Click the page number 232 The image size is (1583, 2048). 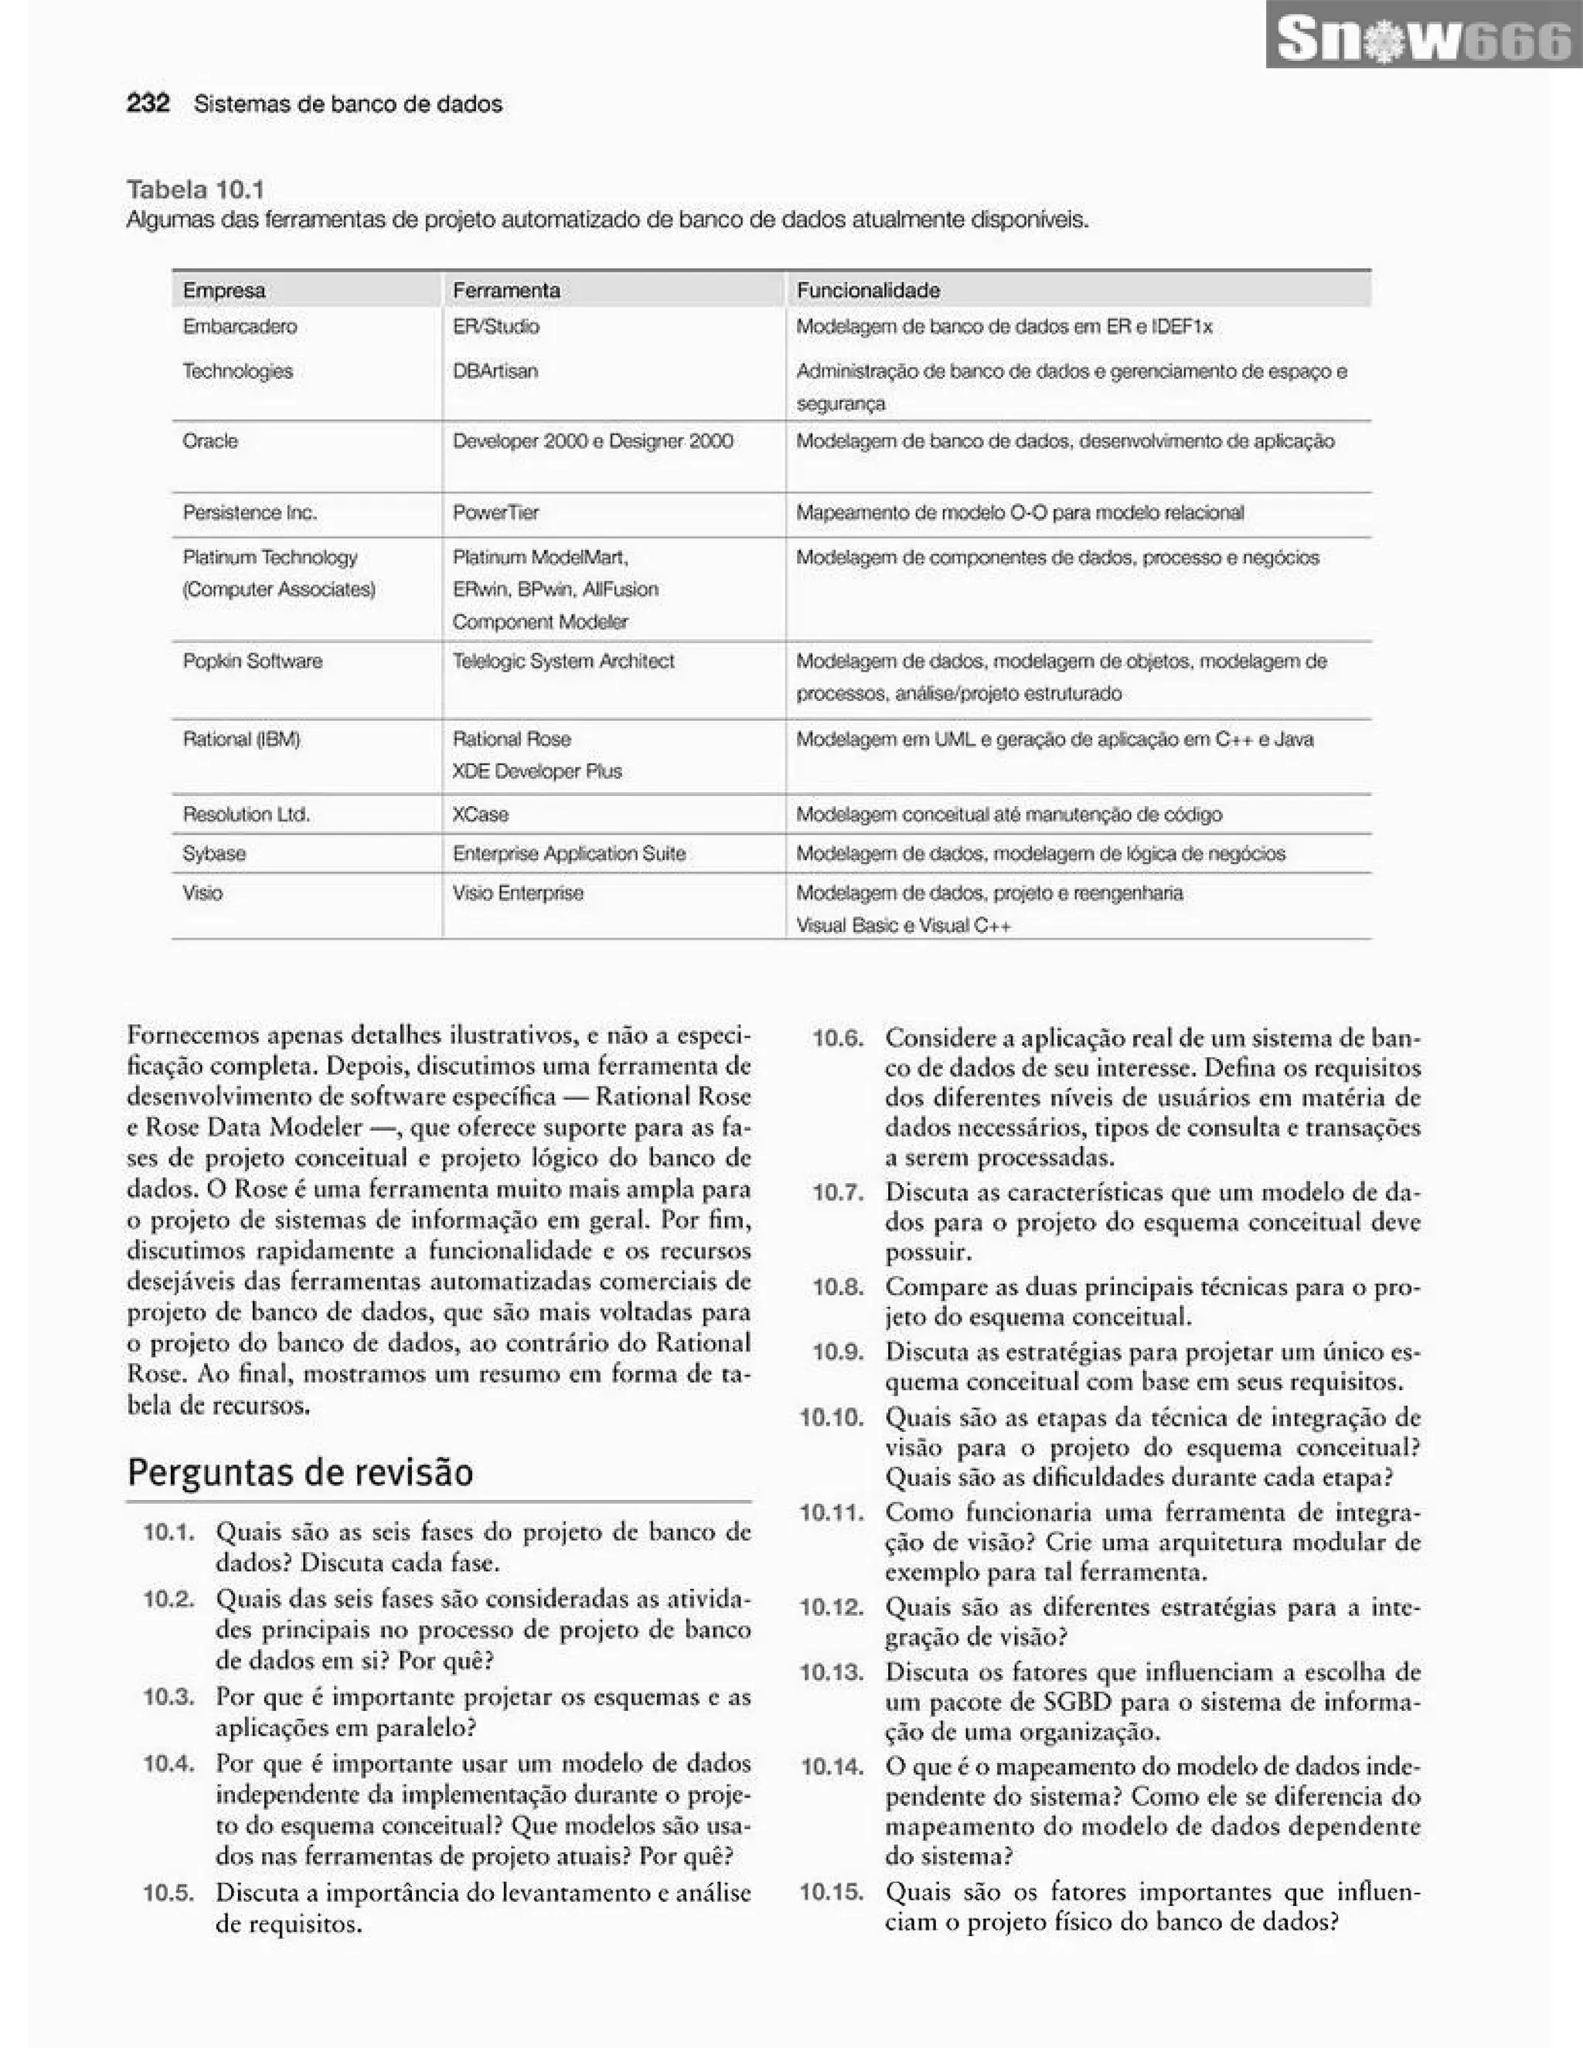pyautogui.click(x=148, y=103)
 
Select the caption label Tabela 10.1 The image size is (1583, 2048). pyautogui.click(x=195, y=189)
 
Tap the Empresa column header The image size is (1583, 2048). pyautogui.click(x=223, y=291)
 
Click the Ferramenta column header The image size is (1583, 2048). pyautogui.click(x=506, y=291)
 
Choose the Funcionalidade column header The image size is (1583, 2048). pyautogui.click(x=867, y=291)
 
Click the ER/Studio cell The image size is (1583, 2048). pyautogui.click(x=495, y=326)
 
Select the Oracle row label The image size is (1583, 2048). pyautogui.click(x=210, y=441)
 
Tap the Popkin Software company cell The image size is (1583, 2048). pyautogui.click(x=252, y=661)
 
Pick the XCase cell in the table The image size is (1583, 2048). pyautogui.click(x=480, y=814)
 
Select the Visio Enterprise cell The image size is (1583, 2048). pyautogui.click(x=518, y=893)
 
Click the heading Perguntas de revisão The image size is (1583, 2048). pyautogui.click(x=300, y=1472)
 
